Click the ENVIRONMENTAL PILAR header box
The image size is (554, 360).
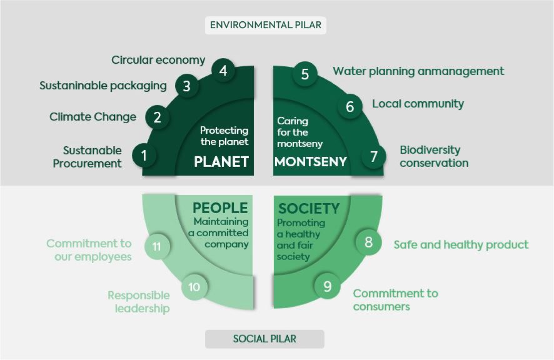tap(265, 25)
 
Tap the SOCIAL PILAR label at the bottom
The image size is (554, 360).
tap(264, 339)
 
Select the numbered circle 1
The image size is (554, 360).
tap(144, 155)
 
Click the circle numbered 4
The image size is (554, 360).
tap(223, 71)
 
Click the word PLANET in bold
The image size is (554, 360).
tap(221, 161)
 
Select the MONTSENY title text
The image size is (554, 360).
tap(311, 161)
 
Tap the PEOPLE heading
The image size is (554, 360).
tap(220, 207)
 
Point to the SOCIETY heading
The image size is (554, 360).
tap(309, 209)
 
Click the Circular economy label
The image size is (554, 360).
tap(158, 60)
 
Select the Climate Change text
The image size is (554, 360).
tap(93, 117)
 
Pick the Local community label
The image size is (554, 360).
tap(418, 104)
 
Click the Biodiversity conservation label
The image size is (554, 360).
tap(434, 156)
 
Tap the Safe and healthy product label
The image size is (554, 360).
tap(461, 244)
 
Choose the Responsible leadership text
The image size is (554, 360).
tap(139, 302)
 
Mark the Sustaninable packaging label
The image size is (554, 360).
tap(103, 86)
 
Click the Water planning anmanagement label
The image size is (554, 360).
tap(418, 71)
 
